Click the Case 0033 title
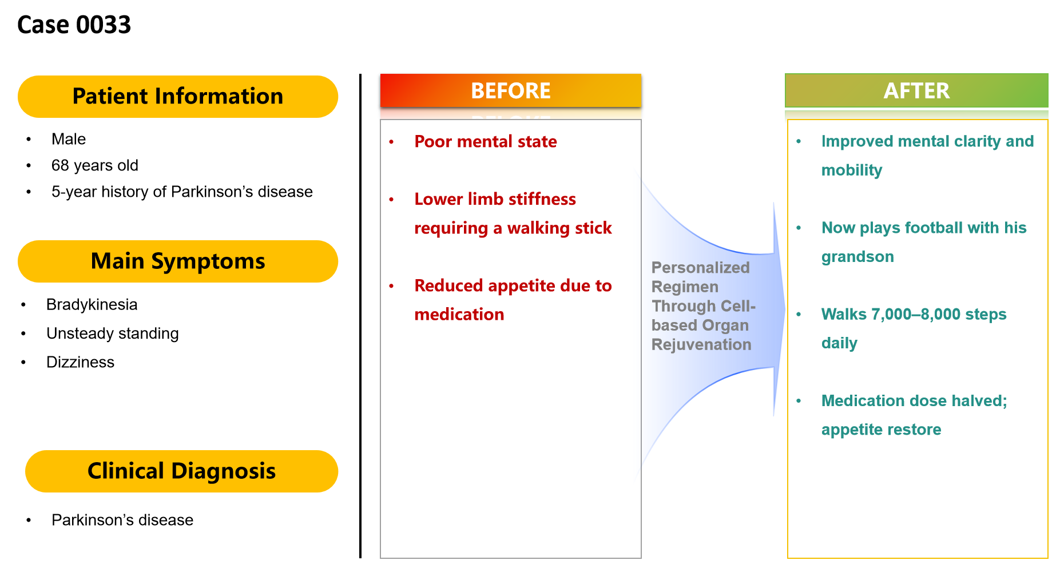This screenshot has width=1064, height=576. (x=74, y=25)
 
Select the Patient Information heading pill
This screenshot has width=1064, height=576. (x=178, y=97)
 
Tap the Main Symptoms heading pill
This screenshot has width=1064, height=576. (x=178, y=261)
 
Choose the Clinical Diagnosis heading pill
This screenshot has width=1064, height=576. (x=181, y=471)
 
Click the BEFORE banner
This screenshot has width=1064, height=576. (x=510, y=90)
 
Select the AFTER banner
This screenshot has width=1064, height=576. (x=916, y=90)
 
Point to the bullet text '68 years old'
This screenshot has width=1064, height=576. (x=95, y=165)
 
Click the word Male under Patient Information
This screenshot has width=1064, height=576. (x=69, y=139)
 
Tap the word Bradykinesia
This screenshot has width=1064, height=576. (x=92, y=304)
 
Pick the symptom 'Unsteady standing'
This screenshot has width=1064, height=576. (x=112, y=333)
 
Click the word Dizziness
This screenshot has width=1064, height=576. (x=80, y=362)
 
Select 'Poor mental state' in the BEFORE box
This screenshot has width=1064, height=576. (x=485, y=141)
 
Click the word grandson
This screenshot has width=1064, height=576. (x=857, y=257)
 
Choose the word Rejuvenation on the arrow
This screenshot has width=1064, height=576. (x=701, y=344)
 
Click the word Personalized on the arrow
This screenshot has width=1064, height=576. (x=700, y=267)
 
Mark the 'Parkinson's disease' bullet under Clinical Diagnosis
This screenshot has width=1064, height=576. (x=122, y=520)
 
